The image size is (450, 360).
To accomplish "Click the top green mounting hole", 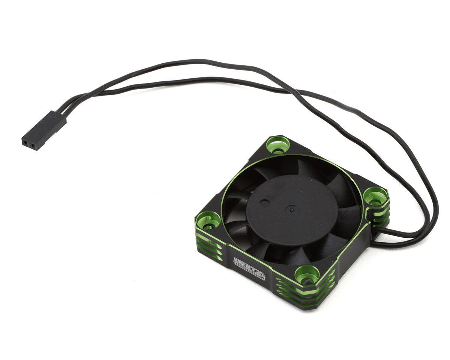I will [x=278, y=145].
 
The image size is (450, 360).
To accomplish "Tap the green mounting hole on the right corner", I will [x=375, y=196].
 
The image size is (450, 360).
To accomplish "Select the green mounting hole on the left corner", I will [x=208, y=220].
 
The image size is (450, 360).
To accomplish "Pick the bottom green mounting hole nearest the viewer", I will [x=307, y=274].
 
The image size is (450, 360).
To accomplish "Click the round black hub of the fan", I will [x=292, y=215].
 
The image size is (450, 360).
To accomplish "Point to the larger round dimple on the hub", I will [x=265, y=204].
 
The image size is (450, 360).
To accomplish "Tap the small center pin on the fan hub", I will [x=292, y=210].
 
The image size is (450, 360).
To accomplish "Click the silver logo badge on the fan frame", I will [x=249, y=268].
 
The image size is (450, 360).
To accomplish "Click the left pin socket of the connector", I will [x=26, y=142].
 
